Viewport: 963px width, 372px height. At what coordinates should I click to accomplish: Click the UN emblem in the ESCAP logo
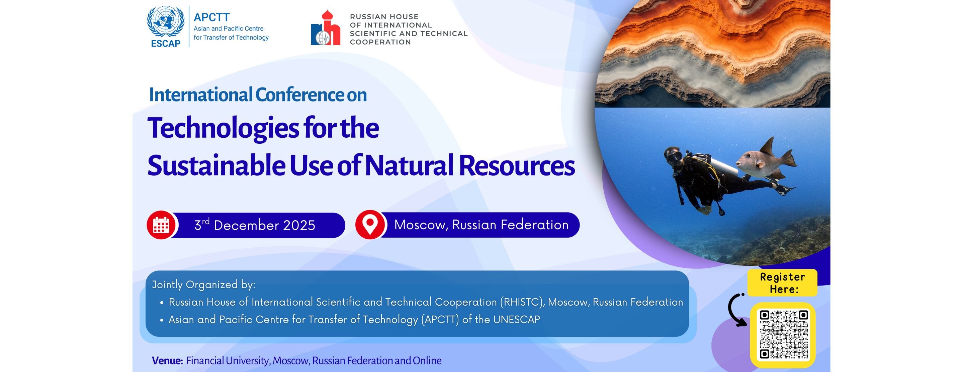pos(166,21)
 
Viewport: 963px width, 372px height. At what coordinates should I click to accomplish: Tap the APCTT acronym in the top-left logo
pos(211,17)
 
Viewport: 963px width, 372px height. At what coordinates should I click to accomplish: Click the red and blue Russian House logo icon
pos(326,28)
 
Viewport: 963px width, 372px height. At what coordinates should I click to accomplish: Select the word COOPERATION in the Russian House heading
pos(380,42)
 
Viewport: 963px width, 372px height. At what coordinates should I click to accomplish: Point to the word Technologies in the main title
pos(223,128)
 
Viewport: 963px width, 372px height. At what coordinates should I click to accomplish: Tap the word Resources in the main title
pos(517,166)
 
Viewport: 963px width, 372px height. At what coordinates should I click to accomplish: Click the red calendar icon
pos(161,225)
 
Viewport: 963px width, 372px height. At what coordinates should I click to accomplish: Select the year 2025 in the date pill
pos(299,225)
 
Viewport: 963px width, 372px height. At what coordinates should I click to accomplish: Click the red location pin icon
pos(370,225)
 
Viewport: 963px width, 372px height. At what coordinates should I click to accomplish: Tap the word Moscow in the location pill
pos(421,225)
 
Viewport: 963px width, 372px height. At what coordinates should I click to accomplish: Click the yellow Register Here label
pos(782,283)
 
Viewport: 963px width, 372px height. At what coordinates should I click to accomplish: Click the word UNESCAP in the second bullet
pos(517,319)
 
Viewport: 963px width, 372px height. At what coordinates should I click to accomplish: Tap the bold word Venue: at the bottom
pos(167,360)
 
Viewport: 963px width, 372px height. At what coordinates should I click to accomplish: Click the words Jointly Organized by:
pos(204,285)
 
